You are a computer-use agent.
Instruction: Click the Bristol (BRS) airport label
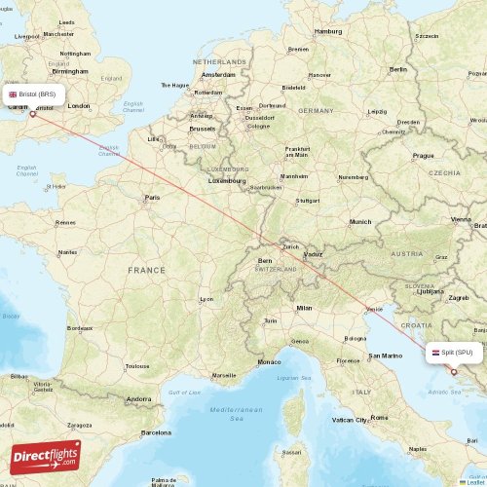(37, 94)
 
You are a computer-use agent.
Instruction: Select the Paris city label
(152, 198)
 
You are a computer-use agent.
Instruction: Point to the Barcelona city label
(156, 431)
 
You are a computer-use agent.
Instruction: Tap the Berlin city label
(397, 69)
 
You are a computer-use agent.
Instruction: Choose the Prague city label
(423, 155)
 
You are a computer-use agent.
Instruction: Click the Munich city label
(360, 222)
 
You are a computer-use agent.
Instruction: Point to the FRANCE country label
(147, 269)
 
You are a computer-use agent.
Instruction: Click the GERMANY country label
(316, 111)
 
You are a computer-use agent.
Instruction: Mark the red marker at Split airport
(453, 371)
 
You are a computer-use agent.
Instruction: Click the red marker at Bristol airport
(33, 113)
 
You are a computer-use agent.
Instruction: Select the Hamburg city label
(328, 31)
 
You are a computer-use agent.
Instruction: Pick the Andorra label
(138, 398)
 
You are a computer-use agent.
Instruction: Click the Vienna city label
(460, 220)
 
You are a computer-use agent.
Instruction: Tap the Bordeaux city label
(80, 328)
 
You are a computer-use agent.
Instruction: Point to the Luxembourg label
(227, 180)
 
